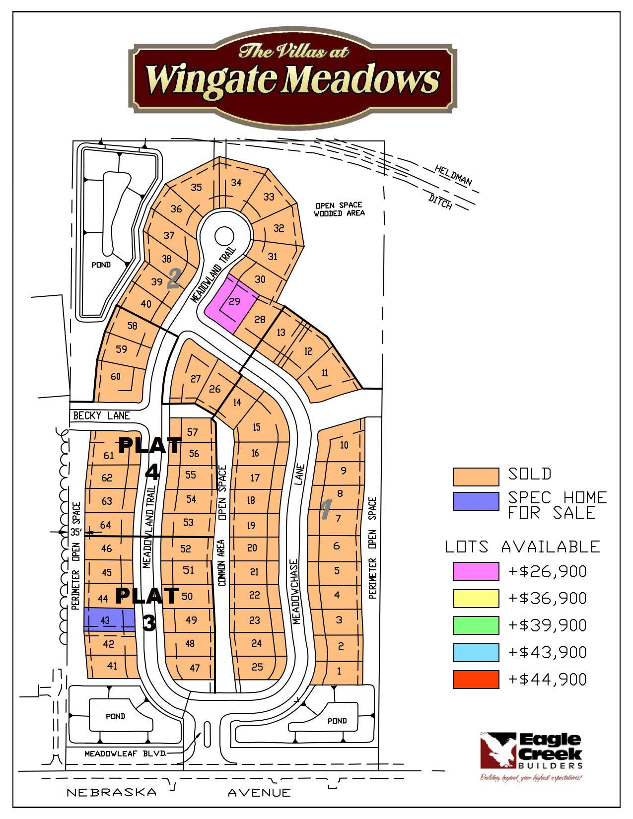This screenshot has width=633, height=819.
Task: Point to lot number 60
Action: point(116,377)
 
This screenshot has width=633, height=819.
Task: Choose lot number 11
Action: point(325,373)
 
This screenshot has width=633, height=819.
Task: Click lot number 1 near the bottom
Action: point(339,672)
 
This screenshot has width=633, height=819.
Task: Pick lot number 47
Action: point(195,668)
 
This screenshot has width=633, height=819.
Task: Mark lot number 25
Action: point(257,667)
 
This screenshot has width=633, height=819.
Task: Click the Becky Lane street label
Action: point(101,415)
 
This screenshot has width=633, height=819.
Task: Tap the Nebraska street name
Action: point(111,793)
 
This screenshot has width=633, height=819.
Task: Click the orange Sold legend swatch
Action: point(475,477)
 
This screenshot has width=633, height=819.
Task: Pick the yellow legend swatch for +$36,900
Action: point(475,598)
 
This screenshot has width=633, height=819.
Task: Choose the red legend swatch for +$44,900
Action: point(475,679)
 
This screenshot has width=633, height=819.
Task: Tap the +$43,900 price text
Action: point(548,652)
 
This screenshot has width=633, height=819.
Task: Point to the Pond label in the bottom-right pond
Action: point(337,720)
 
